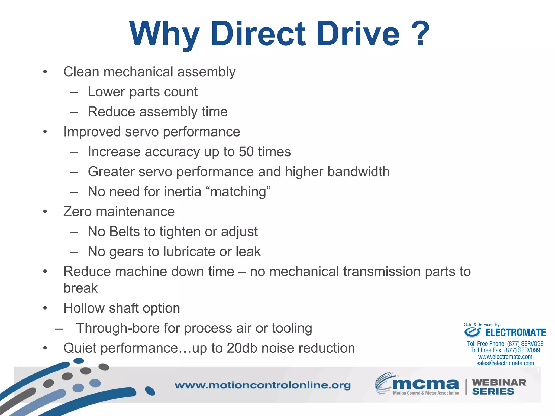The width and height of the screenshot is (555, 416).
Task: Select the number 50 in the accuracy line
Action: (246, 152)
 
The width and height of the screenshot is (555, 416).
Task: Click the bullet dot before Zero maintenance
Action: (45, 212)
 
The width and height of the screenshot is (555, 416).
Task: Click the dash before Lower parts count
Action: (74, 92)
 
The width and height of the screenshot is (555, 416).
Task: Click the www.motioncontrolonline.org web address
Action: (262, 385)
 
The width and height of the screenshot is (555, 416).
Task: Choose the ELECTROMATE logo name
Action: (515, 333)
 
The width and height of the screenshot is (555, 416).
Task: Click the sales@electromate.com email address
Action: (505, 363)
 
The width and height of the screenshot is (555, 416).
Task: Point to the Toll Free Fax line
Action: (505, 350)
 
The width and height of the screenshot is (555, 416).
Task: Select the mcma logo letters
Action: (425, 383)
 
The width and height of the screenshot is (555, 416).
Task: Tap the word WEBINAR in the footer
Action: (499, 382)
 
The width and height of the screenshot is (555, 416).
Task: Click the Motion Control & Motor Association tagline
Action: (426, 393)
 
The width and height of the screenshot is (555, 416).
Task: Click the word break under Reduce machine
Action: (80, 288)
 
